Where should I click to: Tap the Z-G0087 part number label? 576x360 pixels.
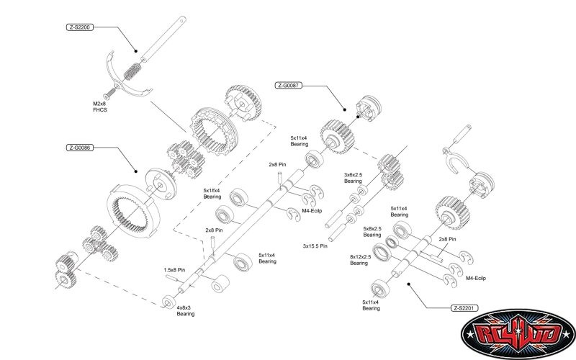tap(289, 85)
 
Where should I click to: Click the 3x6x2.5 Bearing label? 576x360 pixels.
tap(353, 178)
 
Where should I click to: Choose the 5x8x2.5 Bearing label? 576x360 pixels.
tap(372, 233)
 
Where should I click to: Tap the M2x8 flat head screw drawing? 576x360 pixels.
tap(109, 94)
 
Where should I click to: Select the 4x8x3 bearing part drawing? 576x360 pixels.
tap(169, 300)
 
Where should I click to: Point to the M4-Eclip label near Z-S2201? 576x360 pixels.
tap(476, 277)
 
